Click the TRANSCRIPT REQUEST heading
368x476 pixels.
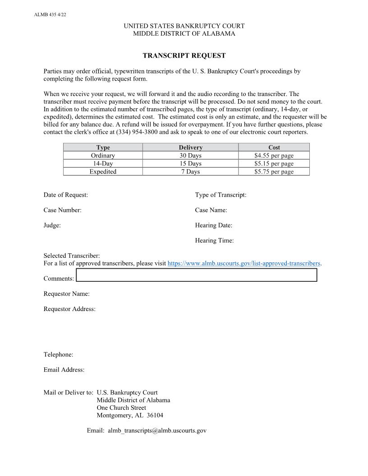[184, 56]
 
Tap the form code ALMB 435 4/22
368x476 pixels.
[50, 14]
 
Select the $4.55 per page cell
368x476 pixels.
[274, 156]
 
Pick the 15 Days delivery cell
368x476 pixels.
[190, 164]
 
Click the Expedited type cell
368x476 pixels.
[103, 172]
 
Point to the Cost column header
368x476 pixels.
[274, 147]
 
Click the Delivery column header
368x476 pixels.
[190, 147]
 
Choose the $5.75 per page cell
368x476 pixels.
[274, 172]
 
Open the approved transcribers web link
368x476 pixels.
[244, 263]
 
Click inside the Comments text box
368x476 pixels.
[196, 275]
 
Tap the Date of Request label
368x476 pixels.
[66, 195]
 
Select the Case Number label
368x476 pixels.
[63, 210]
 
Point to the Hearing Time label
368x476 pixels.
[214, 241]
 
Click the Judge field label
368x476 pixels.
[52, 225]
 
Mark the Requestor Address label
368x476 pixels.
[69, 309]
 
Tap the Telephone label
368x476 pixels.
[59, 355]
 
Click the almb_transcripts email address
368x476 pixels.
[157, 430]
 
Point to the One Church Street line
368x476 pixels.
[121, 408]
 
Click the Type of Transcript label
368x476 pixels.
[221, 195]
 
